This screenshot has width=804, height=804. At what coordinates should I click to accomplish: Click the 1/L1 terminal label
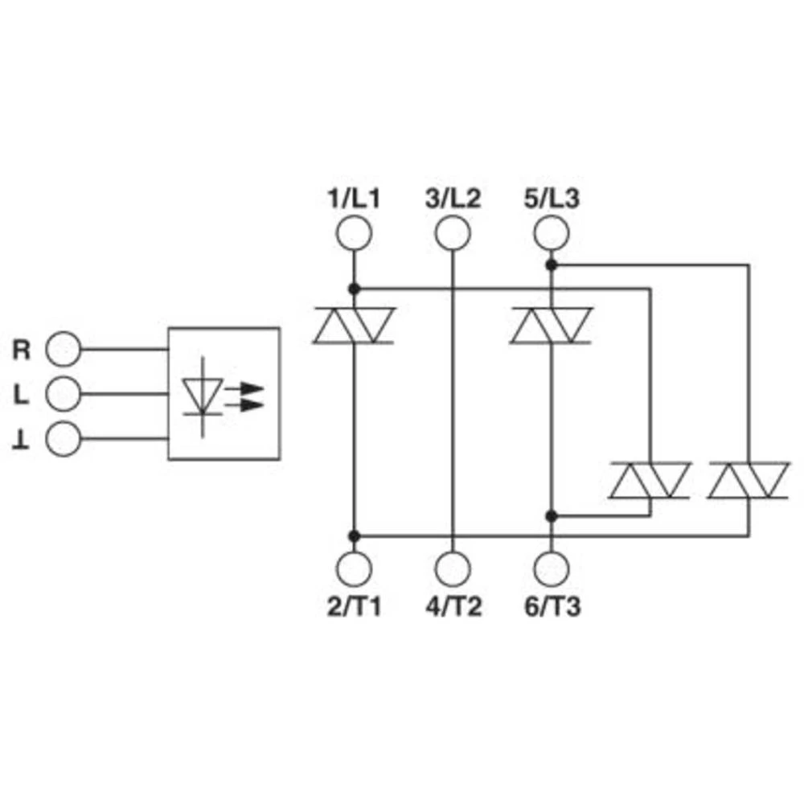pyautogui.click(x=353, y=199)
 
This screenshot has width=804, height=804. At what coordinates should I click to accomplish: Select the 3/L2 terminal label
pyautogui.click(x=453, y=199)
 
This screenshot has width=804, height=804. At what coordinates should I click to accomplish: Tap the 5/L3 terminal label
pyautogui.click(x=552, y=199)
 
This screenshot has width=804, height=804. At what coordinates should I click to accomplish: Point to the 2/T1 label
pyautogui.click(x=353, y=607)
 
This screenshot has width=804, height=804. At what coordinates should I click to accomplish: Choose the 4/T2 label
pyautogui.click(x=453, y=607)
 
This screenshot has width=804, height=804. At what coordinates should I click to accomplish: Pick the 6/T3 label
pyautogui.click(x=552, y=607)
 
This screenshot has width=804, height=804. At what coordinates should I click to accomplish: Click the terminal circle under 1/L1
pyautogui.click(x=354, y=234)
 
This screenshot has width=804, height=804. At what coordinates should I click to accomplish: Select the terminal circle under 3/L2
pyautogui.click(x=453, y=234)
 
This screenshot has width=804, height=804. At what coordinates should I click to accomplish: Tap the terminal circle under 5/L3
pyautogui.click(x=552, y=234)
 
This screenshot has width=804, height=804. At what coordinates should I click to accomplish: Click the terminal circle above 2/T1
pyautogui.click(x=354, y=568)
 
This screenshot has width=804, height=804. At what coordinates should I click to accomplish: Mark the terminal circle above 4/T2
pyautogui.click(x=453, y=568)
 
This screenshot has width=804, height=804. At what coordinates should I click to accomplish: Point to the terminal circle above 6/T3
pyautogui.click(x=552, y=568)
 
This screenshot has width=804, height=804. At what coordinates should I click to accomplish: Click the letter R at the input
pyautogui.click(x=22, y=351)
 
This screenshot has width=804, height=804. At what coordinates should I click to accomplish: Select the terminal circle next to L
pyautogui.click(x=64, y=395)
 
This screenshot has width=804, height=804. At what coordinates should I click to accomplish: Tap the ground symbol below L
pyautogui.click(x=22, y=441)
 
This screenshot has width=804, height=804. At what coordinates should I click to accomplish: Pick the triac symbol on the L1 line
pyautogui.click(x=354, y=326)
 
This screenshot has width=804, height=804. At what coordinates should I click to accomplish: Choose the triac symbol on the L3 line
pyautogui.click(x=552, y=326)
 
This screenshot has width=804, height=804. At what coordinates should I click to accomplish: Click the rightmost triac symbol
pyautogui.click(x=749, y=480)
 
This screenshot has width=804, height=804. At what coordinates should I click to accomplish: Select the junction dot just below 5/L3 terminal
pyautogui.click(x=552, y=264)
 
